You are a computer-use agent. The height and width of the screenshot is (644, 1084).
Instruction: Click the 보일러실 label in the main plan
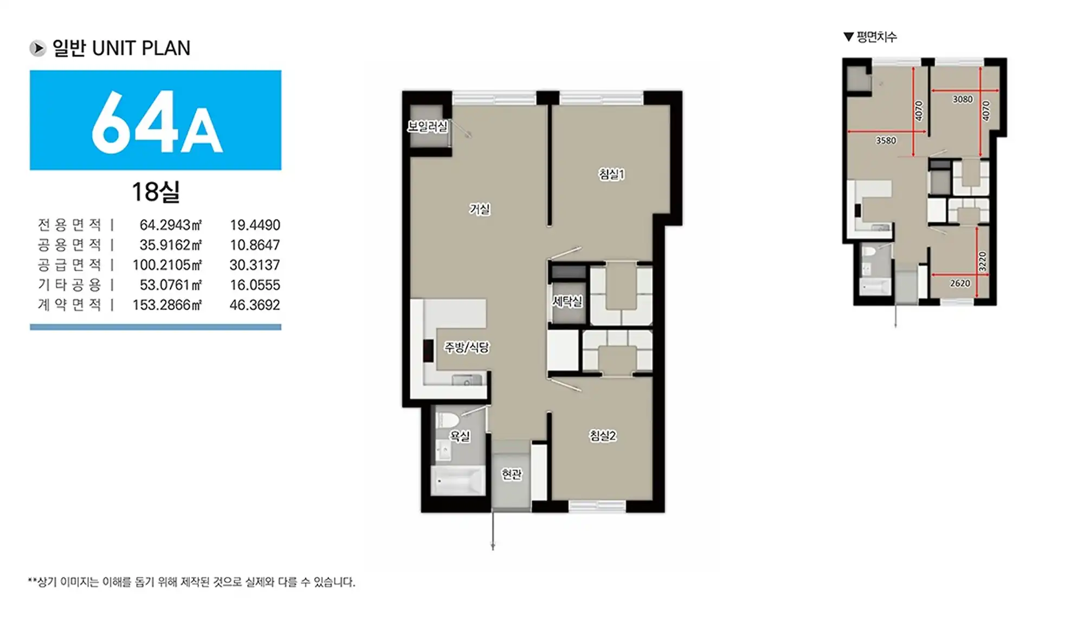[x=428, y=127]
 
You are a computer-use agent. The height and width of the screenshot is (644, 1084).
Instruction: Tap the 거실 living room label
[x=480, y=209]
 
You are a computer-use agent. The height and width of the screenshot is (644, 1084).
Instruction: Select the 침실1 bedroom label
[x=611, y=174]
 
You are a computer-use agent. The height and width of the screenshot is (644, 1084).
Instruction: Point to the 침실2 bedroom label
[x=603, y=435]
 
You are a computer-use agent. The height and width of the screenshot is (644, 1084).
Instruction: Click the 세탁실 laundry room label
[x=567, y=301]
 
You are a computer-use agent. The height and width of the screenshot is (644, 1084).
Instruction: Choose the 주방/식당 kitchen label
[x=467, y=347]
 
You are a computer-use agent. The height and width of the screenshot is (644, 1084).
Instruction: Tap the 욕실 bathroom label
[x=460, y=436]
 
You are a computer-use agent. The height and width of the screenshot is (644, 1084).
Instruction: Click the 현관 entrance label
[x=512, y=474]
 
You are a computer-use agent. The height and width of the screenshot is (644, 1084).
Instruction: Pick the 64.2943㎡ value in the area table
[x=171, y=224]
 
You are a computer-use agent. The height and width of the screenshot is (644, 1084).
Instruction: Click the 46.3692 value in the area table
[x=255, y=305]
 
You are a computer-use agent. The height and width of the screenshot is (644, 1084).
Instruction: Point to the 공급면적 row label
[x=69, y=265]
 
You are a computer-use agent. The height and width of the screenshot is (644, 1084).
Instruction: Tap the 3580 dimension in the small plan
[x=886, y=140]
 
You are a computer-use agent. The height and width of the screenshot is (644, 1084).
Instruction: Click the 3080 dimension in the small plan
[x=963, y=99]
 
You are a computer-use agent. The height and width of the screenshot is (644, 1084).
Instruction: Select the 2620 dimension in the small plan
[x=960, y=283]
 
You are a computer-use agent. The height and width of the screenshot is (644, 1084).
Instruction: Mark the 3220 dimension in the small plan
[x=983, y=261]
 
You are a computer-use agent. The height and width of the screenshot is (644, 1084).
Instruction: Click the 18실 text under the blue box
[x=156, y=192]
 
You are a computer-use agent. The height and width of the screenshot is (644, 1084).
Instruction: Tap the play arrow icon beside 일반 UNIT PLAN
[x=37, y=48]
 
